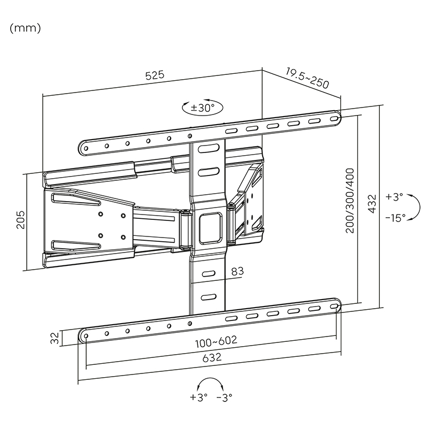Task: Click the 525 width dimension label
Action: [155, 75]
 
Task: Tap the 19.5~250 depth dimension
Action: [307, 78]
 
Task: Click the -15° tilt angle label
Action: [395, 218]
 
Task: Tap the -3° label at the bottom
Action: [224, 398]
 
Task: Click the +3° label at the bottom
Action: [197, 398]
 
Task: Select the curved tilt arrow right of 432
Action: [412, 207]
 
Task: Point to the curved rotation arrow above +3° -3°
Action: [210, 383]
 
